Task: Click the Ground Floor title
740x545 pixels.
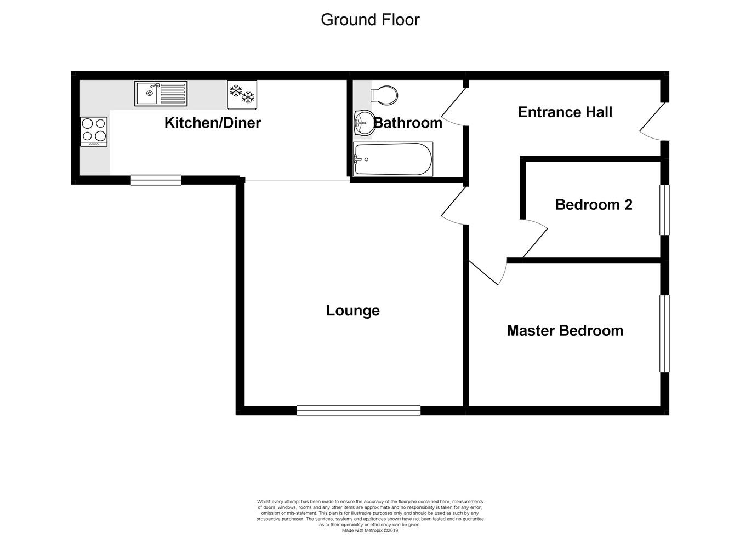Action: click(370, 20)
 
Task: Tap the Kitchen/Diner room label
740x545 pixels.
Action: click(212, 123)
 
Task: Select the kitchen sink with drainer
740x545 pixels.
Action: click(161, 93)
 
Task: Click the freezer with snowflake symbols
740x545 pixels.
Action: click(242, 94)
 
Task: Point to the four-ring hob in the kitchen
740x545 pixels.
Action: click(94, 131)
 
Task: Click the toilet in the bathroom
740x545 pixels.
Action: click(384, 94)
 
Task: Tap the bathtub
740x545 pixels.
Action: click(393, 159)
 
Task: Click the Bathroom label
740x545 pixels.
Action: click(408, 123)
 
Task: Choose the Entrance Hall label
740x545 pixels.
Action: click(565, 112)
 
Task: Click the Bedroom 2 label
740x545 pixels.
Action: click(593, 205)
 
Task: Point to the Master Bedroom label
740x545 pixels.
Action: click(565, 331)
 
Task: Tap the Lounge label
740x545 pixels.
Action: click(352, 311)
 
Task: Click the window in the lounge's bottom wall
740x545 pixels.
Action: click(358, 410)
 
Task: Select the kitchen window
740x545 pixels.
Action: click(156, 180)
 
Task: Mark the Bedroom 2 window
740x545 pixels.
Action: click(664, 210)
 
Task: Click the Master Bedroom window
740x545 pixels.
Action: click(664, 334)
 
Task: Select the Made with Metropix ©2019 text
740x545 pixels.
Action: click(370, 530)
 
